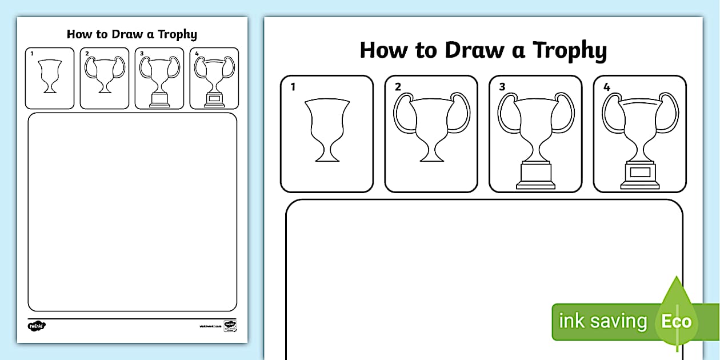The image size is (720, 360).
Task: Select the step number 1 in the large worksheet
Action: point(293,87)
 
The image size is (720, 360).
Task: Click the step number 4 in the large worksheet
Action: point(606,87)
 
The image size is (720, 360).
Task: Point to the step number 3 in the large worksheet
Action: point(502,87)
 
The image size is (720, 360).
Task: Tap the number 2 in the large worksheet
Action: point(398,87)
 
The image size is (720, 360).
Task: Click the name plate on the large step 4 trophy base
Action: point(640,172)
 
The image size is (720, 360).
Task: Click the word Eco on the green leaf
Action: point(676,321)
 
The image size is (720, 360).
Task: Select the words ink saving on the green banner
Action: point(602,322)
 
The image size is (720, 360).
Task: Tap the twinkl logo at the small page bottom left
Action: point(37,326)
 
